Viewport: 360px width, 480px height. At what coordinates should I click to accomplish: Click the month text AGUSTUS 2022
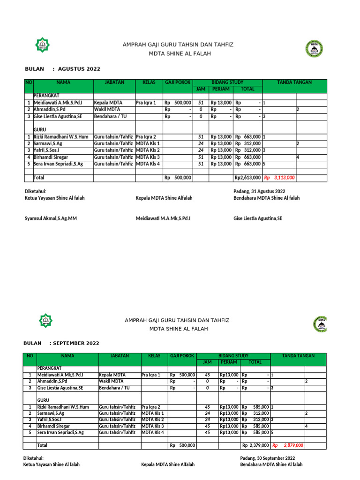(79, 69)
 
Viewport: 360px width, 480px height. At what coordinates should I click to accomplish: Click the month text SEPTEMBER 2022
(76, 343)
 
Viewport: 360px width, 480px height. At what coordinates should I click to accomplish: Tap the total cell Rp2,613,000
(247, 178)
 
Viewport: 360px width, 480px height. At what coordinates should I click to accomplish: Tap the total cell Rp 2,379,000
(255, 445)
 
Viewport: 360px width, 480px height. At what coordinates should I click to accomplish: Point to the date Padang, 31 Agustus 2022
(259, 191)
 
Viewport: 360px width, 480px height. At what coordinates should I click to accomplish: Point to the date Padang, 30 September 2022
(267, 457)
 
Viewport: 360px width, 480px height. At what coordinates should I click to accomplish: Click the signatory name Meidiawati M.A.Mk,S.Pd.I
(163, 218)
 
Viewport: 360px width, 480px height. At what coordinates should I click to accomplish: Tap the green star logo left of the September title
(46, 321)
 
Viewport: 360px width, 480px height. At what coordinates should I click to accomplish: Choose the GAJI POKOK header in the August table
(177, 82)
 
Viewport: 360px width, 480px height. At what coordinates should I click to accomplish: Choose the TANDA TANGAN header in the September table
(298, 356)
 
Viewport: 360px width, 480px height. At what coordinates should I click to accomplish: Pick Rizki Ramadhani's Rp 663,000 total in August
(248, 136)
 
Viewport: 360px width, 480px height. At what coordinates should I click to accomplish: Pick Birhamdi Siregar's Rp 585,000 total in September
(255, 426)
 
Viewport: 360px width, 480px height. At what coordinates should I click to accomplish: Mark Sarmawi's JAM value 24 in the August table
(201, 143)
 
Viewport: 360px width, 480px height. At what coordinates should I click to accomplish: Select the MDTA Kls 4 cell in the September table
(153, 432)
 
